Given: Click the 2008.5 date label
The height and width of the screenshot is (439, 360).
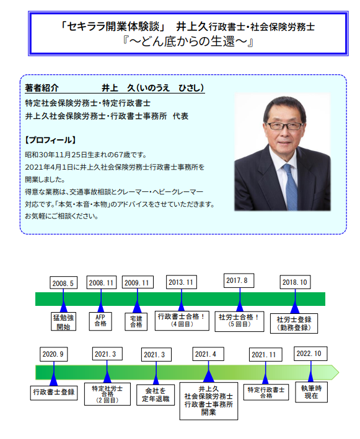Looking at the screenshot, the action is tap(64, 283).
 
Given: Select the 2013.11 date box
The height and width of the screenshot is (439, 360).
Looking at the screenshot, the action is tap(182, 282).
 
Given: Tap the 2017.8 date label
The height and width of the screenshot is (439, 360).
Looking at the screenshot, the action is tap(239, 280).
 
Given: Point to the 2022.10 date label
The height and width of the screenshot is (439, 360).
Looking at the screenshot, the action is tap(310, 354).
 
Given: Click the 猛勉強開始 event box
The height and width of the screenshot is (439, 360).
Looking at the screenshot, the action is tap(63, 321).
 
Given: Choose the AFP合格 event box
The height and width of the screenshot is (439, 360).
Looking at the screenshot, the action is tap(100, 321).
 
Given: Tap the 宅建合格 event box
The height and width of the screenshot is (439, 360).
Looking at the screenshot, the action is tap(136, 321).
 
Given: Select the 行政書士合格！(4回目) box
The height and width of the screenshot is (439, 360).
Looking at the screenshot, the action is tap(182, 320).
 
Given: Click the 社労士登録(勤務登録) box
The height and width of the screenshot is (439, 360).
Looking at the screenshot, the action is tap(294, 323).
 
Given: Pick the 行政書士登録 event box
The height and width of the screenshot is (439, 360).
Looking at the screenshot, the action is tap(54, 393).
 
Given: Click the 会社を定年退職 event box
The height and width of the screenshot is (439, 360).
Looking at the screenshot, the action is tap(156, 395).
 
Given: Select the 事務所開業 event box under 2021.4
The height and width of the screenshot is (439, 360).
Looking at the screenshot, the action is tap(209, 401).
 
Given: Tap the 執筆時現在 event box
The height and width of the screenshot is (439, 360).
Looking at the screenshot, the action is tap(311, 393).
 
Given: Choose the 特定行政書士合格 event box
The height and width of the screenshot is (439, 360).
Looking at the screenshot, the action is tap(266, 392).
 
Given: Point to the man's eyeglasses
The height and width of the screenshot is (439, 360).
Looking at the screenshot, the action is tap(284, 126).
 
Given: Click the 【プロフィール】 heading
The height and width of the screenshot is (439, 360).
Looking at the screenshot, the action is tap(50, 140).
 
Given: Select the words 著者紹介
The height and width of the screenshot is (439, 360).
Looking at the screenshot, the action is tap(42, 88).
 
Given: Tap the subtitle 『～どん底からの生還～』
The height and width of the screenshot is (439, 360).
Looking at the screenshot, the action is tap(188, 41).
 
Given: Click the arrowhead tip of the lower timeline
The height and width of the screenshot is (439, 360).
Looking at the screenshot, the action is tap(339, 372).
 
